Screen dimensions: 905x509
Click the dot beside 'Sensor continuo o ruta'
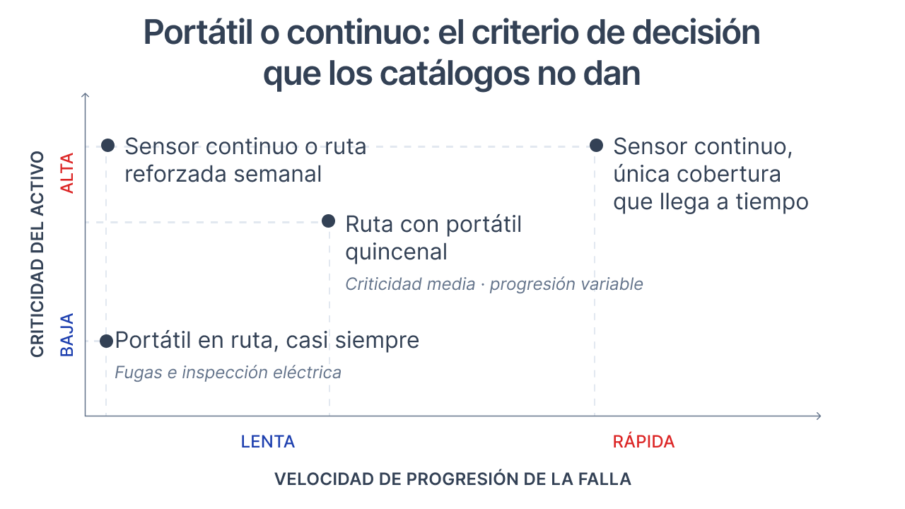click(108, 146)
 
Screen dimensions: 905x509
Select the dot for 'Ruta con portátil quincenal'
click(329, 221)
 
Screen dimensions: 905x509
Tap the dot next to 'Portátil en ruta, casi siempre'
click(107, 341)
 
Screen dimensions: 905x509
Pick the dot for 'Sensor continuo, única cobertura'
click(596, 146)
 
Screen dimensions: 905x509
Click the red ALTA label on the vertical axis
click(67, 173)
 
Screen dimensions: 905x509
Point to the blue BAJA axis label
click(67, 335)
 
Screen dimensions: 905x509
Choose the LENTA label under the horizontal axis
click(268, 442)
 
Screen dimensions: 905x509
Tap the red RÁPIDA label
click(643, 442)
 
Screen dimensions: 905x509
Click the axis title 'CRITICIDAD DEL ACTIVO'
click(37, 254)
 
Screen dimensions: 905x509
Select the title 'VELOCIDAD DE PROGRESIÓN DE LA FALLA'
click(452, 479)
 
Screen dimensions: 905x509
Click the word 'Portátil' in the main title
click(198, 33)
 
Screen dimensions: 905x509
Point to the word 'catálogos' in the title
click(455, 75)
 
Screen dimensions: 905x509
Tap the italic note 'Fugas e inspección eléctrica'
click(228, 373)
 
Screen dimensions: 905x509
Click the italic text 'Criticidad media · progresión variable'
click(494, 284)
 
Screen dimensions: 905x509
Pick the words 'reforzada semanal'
click(223, 174)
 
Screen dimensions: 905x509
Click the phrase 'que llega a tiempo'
click(711, 202)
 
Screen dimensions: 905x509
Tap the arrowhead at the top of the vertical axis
click(85, 95)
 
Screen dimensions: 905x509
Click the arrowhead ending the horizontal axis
click(819, 416)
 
